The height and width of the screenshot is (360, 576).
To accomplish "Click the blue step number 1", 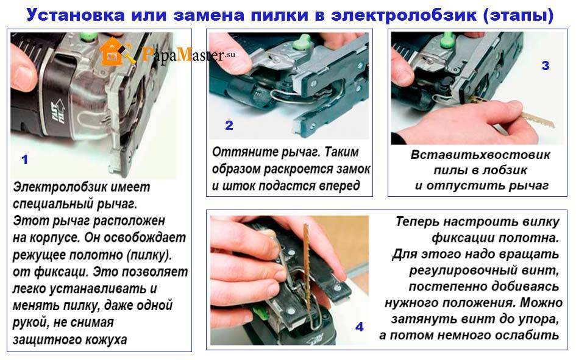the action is [x=24, y=160].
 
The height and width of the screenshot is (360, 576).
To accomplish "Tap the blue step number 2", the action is [x=229, y=125].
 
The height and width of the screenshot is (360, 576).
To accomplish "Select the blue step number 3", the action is [x=546, y=66].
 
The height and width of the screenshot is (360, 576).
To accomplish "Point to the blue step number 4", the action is [x=360, y=327].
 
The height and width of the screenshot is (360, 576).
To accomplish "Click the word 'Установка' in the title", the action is [x=76, y=15].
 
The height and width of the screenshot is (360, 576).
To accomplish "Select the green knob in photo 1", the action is [x=88, y=37].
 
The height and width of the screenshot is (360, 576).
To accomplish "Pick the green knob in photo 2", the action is [x=303, y=42].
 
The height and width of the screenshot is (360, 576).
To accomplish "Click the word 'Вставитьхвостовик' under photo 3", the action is [x=480, y=155].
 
